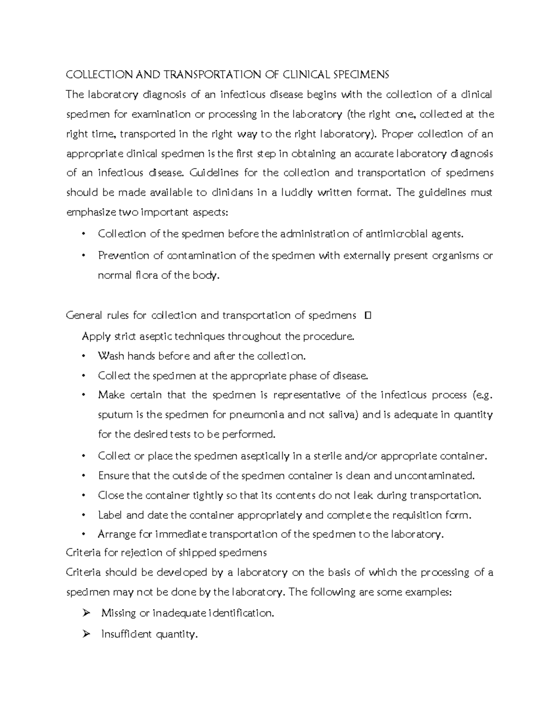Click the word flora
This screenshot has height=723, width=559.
(x=147, y=275)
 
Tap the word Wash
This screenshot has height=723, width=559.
(x=111, y=356)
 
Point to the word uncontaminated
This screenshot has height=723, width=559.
(x=434, y=476)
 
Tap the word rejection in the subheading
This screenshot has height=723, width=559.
(x=142, y=553)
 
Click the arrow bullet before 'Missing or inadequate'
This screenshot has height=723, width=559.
(x=85, y=613)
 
